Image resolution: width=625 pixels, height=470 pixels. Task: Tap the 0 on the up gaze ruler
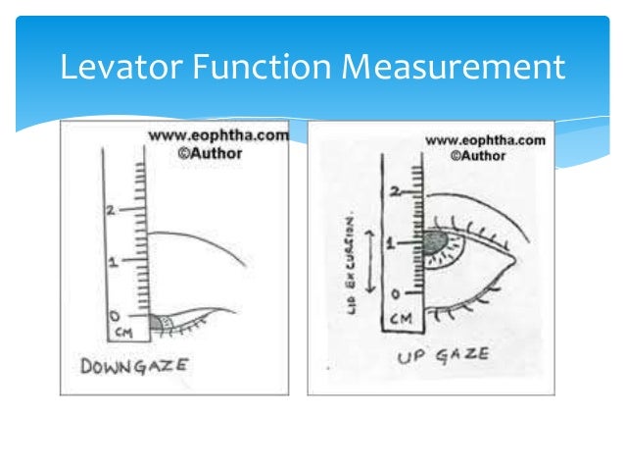(393, 294)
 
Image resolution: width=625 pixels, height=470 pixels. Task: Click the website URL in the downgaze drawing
(218, 136)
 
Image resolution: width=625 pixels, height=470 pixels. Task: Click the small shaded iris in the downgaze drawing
(160, 322)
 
